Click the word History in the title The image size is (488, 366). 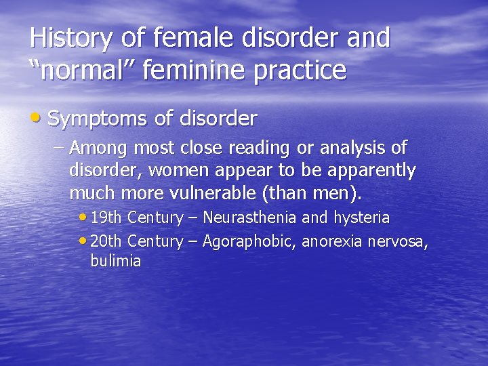point(71,38)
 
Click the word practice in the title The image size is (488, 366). point(300,70)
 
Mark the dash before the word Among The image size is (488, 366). point(59,147)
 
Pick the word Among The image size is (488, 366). point(100,147)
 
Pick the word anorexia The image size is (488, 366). point(331,241)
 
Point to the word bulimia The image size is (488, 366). point(115,262)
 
